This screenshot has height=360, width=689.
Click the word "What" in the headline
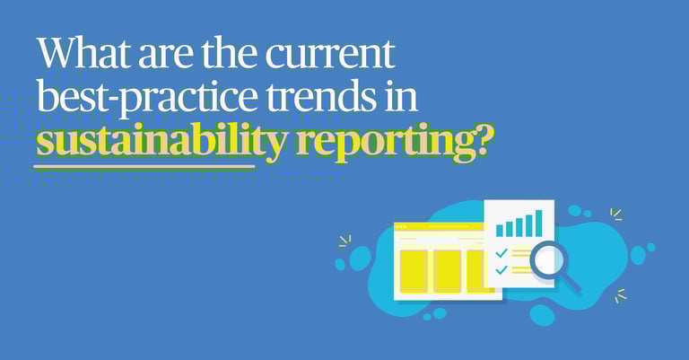84,53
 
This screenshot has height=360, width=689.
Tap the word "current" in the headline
330,54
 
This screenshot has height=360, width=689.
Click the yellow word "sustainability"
161,141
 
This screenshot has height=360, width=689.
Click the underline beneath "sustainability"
144,166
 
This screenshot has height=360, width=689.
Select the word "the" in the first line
230,53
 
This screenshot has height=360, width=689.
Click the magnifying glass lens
547,260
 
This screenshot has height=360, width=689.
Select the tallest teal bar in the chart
538,224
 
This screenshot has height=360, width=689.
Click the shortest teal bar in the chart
499,232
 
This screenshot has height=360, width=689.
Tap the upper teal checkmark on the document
501,253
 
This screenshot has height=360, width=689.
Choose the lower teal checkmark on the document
501,270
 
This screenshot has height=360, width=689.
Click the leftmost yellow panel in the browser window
414,271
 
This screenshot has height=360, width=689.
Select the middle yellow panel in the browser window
448,271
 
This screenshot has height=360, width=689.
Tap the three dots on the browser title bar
401,227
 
